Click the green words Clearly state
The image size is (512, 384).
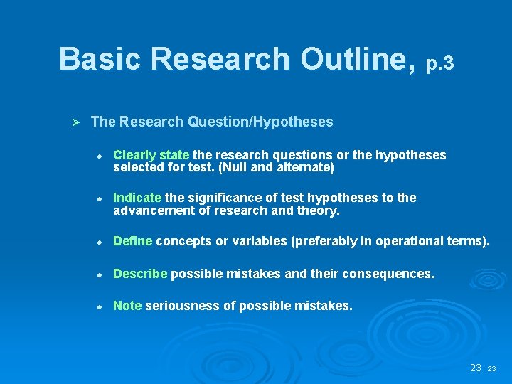coord(151,155)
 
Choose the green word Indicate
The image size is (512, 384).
coord(137,198)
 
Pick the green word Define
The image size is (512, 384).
coord(133,241)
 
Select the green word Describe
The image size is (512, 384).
coord(140,274)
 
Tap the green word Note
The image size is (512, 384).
coord(127,306)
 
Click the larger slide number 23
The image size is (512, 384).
coord(476,368)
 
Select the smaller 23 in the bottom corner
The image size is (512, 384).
coord(492,369)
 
